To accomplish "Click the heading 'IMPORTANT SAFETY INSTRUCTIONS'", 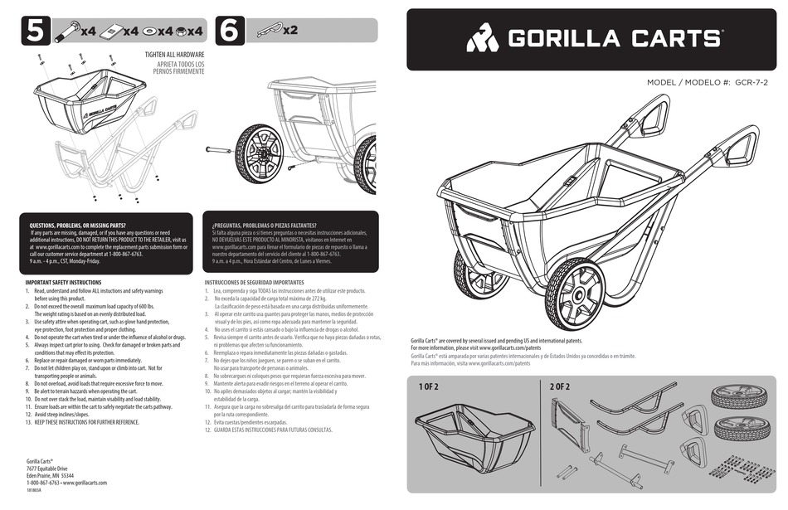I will click(63, 283).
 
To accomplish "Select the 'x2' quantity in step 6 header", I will click(290, 32).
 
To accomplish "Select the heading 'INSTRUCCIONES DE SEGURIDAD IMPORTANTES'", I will click(260, 283).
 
